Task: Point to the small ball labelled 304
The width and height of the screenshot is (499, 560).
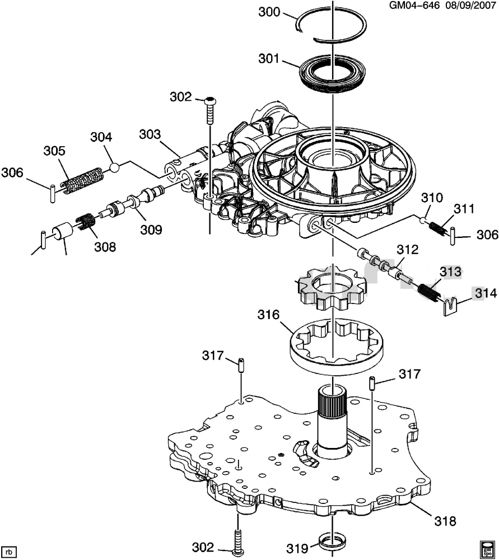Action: click(115, 166)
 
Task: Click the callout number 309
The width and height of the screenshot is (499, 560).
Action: click(151, 229)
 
